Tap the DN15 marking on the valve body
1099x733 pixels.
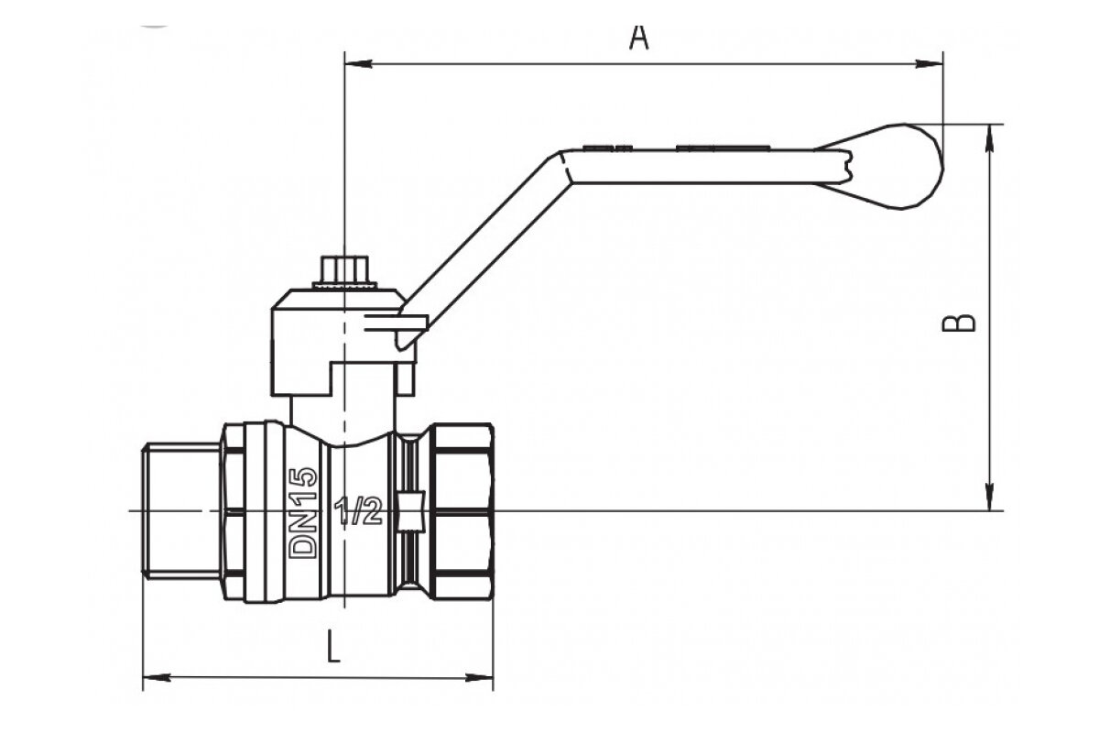303,513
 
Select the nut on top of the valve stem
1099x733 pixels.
343,273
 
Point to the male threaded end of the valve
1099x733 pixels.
181,511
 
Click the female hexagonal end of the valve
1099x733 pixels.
462,511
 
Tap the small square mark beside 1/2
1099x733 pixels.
411,511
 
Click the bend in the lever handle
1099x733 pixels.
559,165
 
